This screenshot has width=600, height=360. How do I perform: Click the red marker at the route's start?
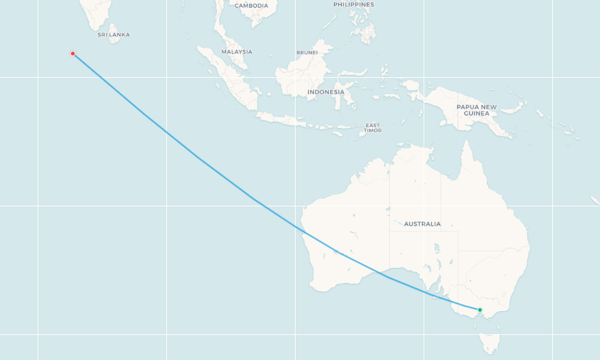[x=73, y=53]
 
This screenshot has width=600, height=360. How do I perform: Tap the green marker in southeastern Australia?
[x=479, y=310]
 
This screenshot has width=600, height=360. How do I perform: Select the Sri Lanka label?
[x=114, y=34]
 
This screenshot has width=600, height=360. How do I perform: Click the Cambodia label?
[x=251, y=6]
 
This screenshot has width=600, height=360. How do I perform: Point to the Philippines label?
[x=353, y=4]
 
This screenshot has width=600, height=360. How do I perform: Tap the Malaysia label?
[x=237, y=51]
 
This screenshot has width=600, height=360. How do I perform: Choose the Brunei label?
[x=307, y=52]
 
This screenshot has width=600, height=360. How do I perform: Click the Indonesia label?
[x=326, y=92]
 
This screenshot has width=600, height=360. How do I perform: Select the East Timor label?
[x=373, y=128]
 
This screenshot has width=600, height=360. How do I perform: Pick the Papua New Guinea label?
[x=476, y=110]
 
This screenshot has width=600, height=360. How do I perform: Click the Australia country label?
[x=422, y=224]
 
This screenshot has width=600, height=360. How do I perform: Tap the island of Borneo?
[x=301, y=78]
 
